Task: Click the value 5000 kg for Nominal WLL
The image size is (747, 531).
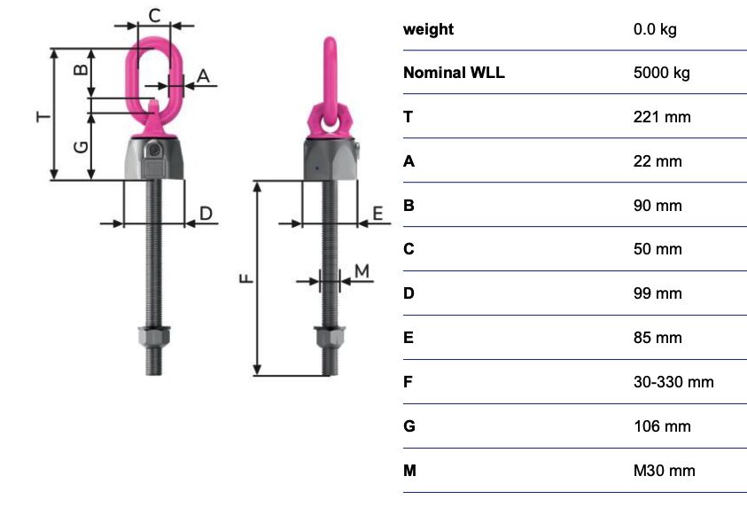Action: tap(661, 73)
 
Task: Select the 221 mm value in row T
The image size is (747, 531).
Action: tap(662, 117)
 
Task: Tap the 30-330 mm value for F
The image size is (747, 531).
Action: tap(673, 382)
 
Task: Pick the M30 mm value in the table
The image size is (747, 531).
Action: tap(664, 471)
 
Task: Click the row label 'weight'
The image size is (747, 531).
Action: tap(428, 29)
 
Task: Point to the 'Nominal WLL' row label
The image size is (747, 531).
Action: tap(454, 73)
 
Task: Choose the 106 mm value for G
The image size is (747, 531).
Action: tap(662, 426)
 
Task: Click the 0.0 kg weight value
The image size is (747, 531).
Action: tap(655, 29)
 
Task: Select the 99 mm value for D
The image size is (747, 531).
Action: tap(658, 293)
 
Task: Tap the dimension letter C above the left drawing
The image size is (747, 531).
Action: tap(154, 16)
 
